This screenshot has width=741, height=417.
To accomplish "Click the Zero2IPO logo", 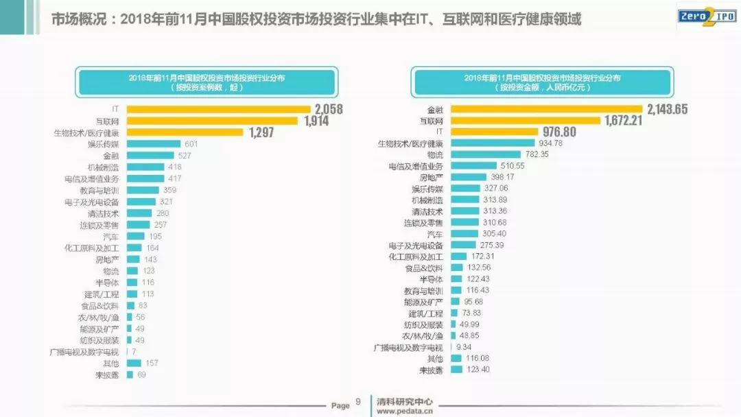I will coord(707,17).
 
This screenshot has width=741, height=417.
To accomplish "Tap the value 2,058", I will coord(329,109).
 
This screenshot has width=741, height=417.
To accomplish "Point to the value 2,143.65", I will coord(666,109).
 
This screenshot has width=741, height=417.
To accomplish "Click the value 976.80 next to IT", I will coord(560,132).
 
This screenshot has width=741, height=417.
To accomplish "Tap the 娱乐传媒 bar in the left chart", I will coord(153,144).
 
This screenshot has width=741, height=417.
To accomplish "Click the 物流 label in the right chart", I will coord(435,155).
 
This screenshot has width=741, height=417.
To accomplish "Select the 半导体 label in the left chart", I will coord(107,283).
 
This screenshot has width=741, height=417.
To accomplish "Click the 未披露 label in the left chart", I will coord(108,374).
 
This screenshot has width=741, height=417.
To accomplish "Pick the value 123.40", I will coord(479,370).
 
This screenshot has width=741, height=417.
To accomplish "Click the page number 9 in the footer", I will coord(357,403).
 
